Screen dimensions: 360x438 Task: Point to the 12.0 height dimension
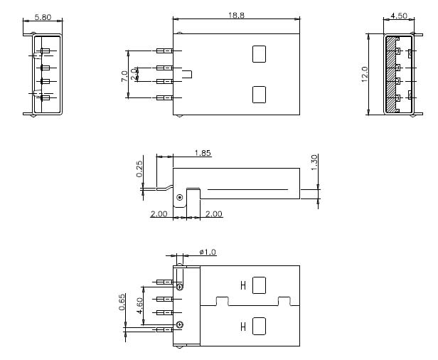pos(364,73)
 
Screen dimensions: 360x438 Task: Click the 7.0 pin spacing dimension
pos(125,74)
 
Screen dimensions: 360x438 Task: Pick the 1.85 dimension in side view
pos(202,153)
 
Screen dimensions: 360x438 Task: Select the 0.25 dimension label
pos(140,168)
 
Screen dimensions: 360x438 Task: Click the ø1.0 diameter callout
pos(207,253)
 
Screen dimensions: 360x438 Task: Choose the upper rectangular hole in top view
pos(259,54)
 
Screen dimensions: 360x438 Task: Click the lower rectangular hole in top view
pos(259,94)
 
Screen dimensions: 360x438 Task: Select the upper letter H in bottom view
pos(243,286)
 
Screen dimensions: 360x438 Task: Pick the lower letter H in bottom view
pos(243,327)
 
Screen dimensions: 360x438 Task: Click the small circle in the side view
pos(180,197)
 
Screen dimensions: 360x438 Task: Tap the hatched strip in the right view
pos(390,74)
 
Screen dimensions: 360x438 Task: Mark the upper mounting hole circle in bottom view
pos(180,287)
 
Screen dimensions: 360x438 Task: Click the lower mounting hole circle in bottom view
pos(180,325)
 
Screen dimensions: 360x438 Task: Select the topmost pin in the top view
pos(164,51)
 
